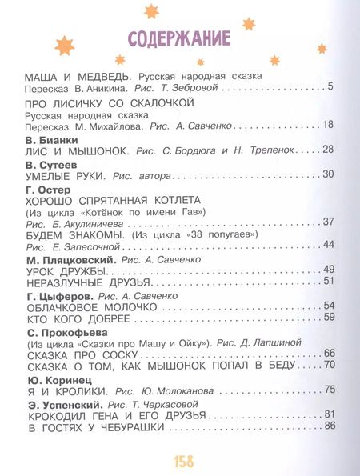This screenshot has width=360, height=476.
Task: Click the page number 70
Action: click(x=327, y=366)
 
